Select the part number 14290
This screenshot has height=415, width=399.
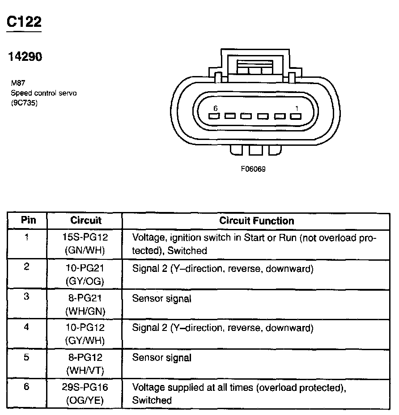tap(25, 57)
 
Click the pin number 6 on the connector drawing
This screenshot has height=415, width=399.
tap(216, 108)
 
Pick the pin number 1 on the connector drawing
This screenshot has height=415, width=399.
tap(297, 108)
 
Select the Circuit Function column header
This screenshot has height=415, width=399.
tap(257, 220)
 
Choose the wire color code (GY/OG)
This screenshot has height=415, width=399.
tap(85, 281)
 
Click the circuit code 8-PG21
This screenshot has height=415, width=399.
tap(85, 298)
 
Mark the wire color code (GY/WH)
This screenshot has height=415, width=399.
tap(85, 340)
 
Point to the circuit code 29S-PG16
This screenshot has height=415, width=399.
tap(85, 387)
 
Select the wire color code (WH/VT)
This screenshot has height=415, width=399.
tap(85, 371)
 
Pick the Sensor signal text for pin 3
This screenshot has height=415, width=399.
tap(161, 298)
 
